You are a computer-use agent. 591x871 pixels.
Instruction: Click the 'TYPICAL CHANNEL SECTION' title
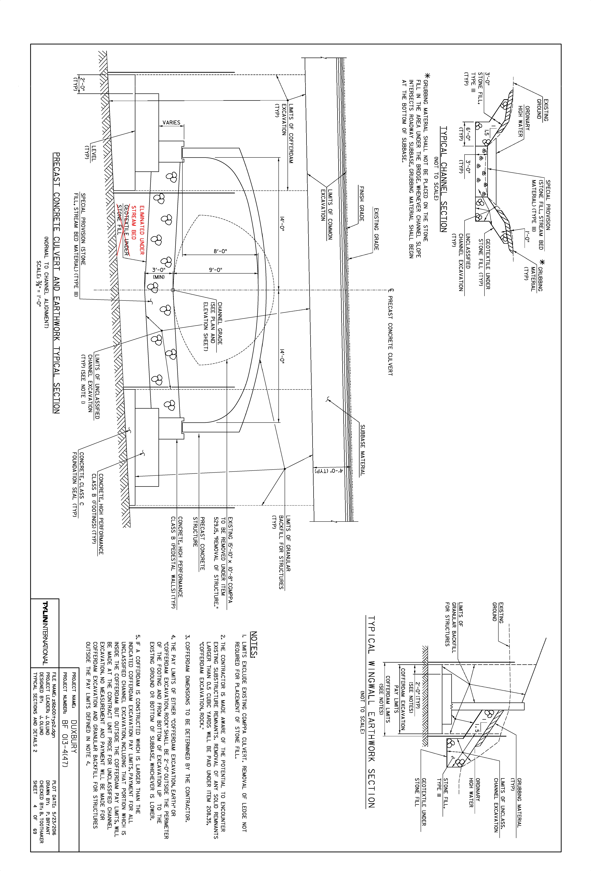(444, 179)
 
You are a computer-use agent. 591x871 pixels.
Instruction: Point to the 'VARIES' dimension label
(171, 123)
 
